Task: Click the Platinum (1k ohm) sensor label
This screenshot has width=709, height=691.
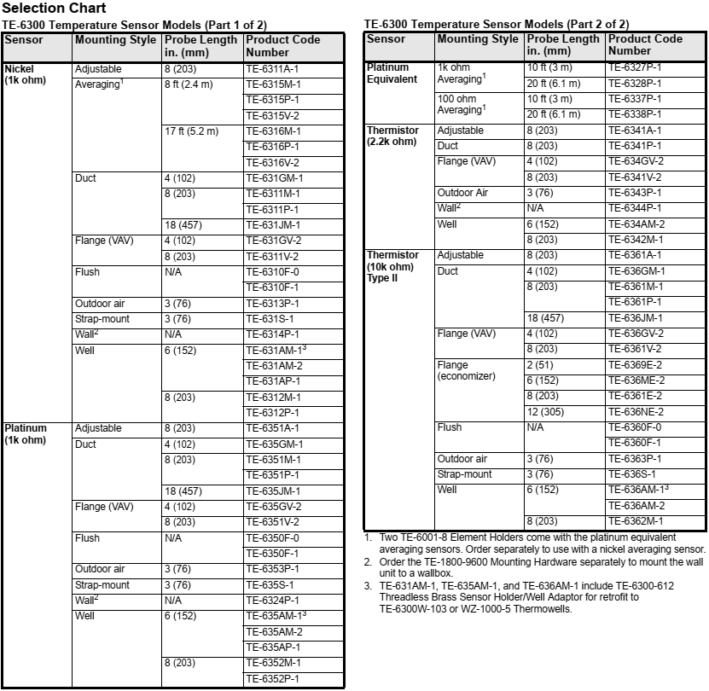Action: click(x=26, y=434)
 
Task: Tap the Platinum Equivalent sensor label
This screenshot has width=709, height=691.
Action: click(x=392, y=73)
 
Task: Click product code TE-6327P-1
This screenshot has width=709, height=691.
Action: click(x=636, y=67)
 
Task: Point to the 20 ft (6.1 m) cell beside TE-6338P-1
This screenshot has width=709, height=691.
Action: click(x=553, y=114)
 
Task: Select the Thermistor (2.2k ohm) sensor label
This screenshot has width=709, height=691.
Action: click(x=392, y=136)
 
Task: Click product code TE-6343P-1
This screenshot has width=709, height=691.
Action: click(x=636, y=193)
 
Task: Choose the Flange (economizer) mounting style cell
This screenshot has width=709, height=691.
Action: click(x=465, y=371)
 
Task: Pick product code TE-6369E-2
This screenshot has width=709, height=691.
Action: click(x=636, y=365)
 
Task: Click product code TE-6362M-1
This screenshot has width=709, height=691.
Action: click(x=636, y=521)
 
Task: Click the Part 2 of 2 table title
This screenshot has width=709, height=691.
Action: click(x=497, y=24)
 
